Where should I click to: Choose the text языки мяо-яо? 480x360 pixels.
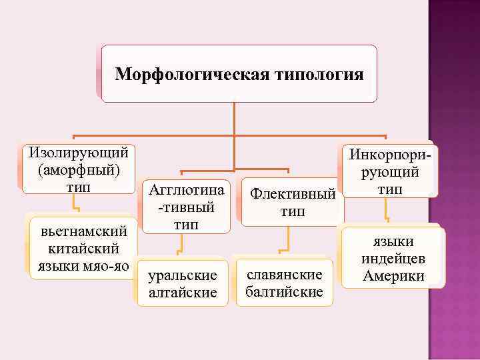click(84, 265)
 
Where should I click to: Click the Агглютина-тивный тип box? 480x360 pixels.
click(187, 206)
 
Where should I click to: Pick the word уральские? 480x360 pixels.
click(182, 275)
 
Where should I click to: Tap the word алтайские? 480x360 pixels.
click(182, 292)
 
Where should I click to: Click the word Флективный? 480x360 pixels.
click(292, 195)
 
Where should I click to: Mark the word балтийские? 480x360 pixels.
click(284, 291)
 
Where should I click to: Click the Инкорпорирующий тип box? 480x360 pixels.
click(390, 172)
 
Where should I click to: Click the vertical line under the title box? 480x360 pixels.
click(235, 117)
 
